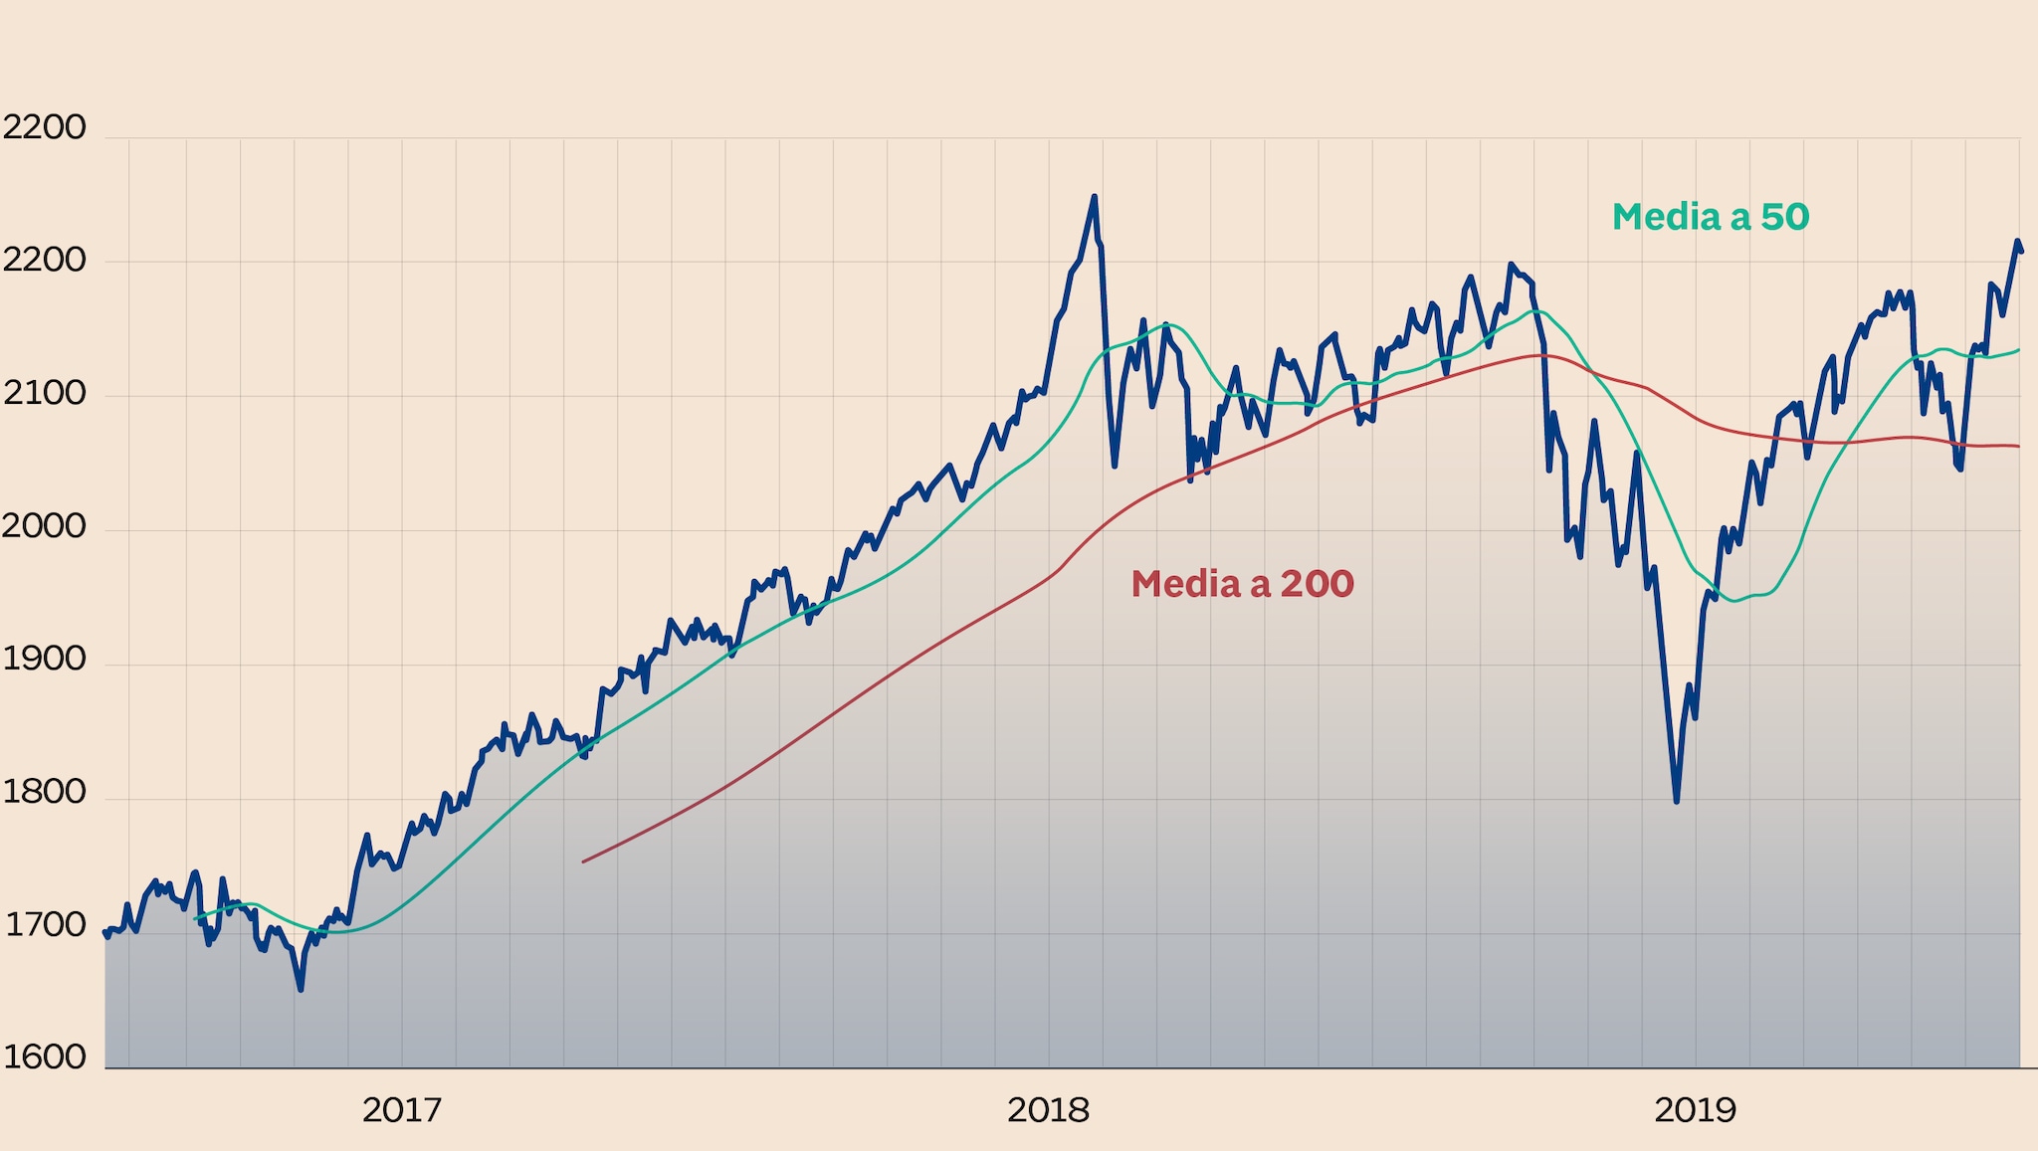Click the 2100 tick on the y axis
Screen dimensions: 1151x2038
44,394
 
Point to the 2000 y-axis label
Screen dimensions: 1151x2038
44,526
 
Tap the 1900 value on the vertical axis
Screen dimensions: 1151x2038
44,659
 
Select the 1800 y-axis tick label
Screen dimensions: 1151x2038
44,792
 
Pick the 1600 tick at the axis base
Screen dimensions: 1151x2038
44,1057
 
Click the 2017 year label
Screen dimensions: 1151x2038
401,1110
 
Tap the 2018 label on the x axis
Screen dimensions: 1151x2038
1048,1110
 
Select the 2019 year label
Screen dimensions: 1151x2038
1695,1110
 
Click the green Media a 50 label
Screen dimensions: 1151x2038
1710,217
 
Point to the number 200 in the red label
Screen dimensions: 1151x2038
1317,584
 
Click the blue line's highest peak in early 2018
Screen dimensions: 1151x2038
1095,197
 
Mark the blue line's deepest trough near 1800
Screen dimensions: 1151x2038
1677,801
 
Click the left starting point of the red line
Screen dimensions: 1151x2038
583,862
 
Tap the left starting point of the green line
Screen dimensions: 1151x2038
195,918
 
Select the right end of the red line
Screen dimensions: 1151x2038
2019,447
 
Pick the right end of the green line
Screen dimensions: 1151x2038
2019,350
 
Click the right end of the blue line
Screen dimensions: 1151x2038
2021,252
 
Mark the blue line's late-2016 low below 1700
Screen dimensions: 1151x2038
301,989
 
